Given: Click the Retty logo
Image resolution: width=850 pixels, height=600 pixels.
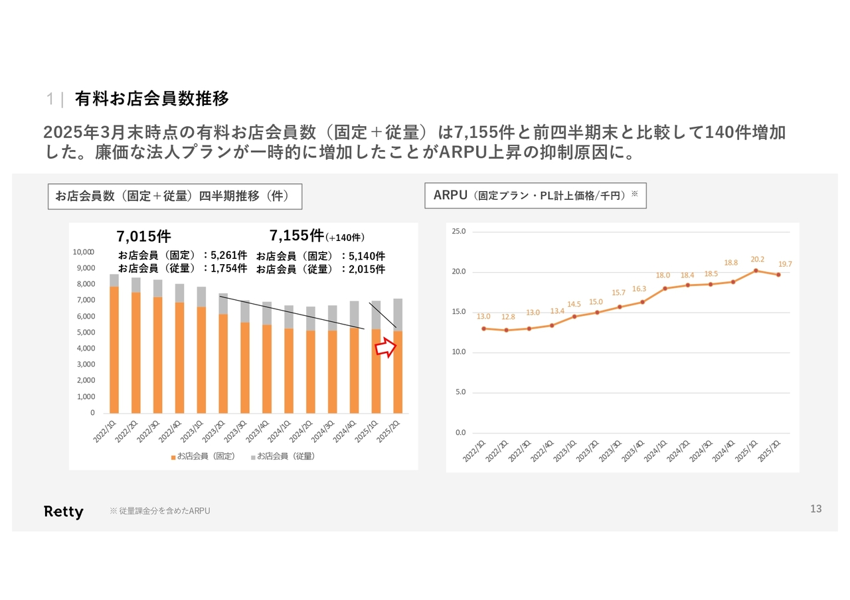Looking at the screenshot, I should pyautogui.click(x=64, y=511).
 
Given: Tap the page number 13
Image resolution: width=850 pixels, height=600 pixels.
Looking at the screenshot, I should pyautogui.click(x=815, y=509).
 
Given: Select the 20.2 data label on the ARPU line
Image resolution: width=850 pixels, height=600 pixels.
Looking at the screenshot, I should pyautogui.click(x=758, y=260).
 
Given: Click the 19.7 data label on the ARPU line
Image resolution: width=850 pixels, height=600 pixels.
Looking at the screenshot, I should pyautogui.click(x=785, y=264).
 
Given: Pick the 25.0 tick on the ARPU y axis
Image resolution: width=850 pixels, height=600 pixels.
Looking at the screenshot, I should pyautogui.click(x=459, y=232).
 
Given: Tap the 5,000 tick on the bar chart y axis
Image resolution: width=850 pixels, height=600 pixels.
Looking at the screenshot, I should pyautogui.click(x=86, y=333).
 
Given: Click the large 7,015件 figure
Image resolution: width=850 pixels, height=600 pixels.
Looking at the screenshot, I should pyautogui.click(x=143, y=236).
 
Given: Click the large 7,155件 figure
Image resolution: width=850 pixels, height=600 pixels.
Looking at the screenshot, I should pyautogui.click(x=297, y=236).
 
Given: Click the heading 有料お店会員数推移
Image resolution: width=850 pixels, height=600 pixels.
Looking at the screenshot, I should pyautogui.click(x=151, y=99).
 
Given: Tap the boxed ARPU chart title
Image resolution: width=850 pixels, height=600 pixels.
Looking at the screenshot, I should pyautogui.click(x=535, y=196).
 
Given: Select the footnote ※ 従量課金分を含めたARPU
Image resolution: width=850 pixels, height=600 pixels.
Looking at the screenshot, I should pyautogui.click(x=159, y=511).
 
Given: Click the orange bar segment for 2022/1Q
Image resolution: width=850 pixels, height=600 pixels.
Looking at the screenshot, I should pyautogui.click(x=114, y=350).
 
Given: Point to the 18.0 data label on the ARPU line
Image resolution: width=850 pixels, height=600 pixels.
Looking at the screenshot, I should pyautogui.click(x=663, y=275).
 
